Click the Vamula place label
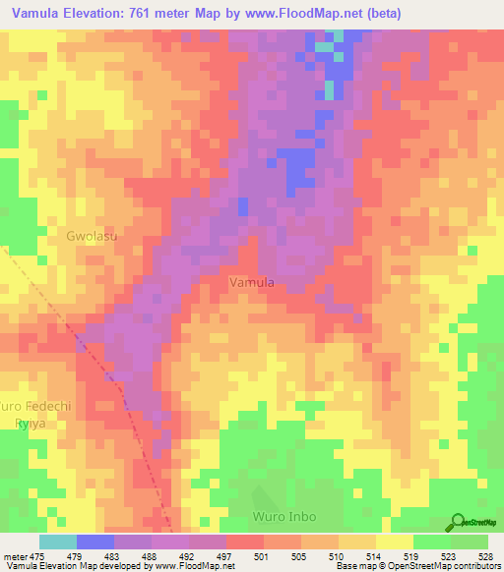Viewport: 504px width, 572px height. coord(251,282)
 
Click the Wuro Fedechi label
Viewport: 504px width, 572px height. coord(31,406)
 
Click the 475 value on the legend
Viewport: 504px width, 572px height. coord(38,556)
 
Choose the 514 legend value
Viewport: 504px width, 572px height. coord(363,556)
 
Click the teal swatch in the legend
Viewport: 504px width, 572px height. coord(57,542)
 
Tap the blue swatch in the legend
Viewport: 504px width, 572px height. coord(94,542)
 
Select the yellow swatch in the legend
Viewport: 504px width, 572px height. coord(394,542)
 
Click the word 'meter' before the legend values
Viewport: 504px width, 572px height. coord(16,556)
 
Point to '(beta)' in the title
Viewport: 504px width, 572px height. coord(380,15)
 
